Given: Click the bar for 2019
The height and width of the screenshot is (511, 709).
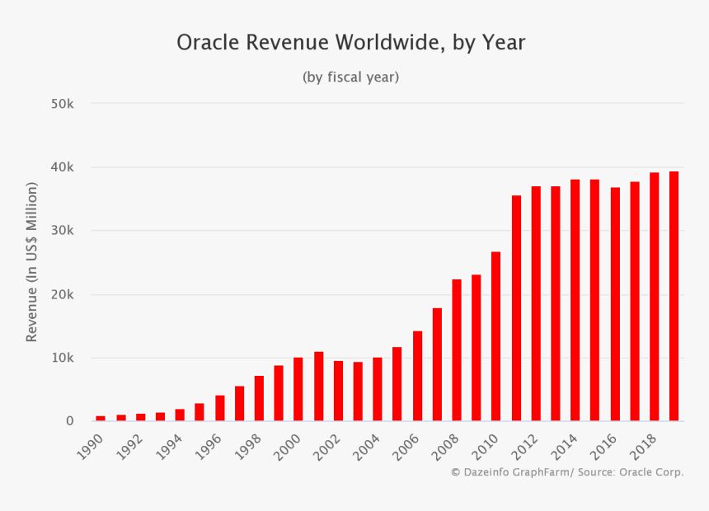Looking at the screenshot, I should tap(674, 297).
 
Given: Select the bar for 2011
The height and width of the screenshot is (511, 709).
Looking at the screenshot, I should tap(516, 308).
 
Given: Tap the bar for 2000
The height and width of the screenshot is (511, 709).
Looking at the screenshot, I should tap(298, 389).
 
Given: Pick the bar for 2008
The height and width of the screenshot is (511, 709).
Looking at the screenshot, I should tap(457, 350).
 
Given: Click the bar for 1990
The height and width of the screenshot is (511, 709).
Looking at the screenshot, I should tap(101, 418).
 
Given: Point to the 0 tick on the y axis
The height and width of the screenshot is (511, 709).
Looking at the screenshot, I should tap(69, 421).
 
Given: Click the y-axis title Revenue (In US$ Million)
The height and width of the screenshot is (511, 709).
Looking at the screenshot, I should tap(32, 262).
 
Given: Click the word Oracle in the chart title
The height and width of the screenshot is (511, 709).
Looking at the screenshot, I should tap(205, 43).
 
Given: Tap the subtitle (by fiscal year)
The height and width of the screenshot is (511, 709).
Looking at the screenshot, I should tap(350, 77).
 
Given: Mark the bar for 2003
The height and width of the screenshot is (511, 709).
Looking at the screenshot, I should tap(358, 391).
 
